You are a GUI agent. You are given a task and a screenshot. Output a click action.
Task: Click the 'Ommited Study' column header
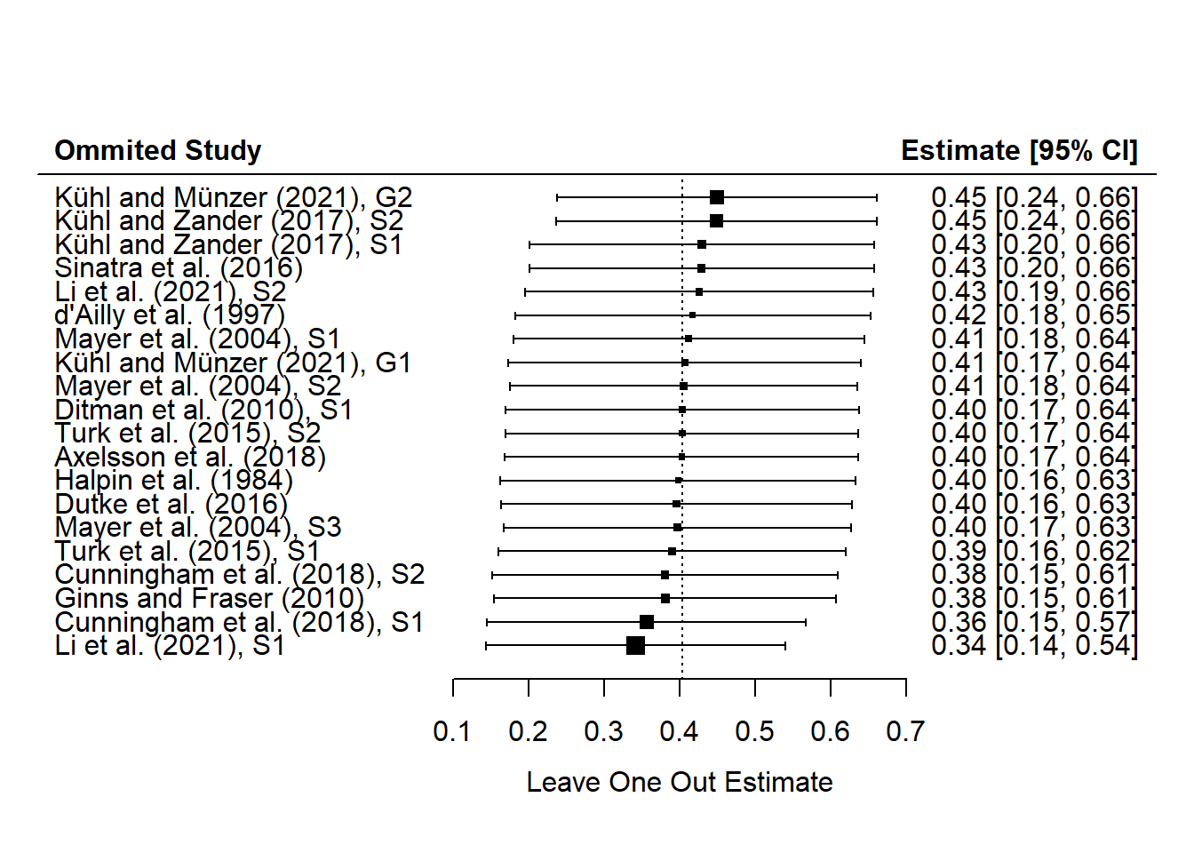point(158,150)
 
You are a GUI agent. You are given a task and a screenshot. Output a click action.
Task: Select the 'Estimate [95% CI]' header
point(1018,150)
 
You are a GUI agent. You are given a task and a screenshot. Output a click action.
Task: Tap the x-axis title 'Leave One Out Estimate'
point(680,782)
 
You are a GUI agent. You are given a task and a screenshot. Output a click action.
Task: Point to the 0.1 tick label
point(452,731)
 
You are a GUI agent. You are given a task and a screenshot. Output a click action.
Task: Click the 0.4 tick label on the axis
point(679,731)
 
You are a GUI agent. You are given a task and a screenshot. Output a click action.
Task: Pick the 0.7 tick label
point(905,731)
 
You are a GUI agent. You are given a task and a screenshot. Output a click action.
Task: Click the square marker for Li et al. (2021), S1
point(635,645)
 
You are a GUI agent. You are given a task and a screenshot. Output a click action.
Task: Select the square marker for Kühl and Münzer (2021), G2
point(717,197)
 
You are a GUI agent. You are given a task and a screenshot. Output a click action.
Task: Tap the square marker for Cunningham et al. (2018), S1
point(647,622)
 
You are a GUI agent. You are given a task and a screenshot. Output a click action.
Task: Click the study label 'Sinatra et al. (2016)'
point(179,267)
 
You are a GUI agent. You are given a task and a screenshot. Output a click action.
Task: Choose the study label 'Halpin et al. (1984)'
point(174,481)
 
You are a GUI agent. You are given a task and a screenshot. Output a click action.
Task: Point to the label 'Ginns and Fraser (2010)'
point(210,598)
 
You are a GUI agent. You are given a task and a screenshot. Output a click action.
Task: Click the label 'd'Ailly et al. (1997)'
point(170,315)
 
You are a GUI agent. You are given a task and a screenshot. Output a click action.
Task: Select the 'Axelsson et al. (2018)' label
point(190,457)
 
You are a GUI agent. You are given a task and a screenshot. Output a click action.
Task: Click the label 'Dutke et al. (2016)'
point(171,504)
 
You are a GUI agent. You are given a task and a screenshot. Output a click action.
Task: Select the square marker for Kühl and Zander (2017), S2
point(716,220)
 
